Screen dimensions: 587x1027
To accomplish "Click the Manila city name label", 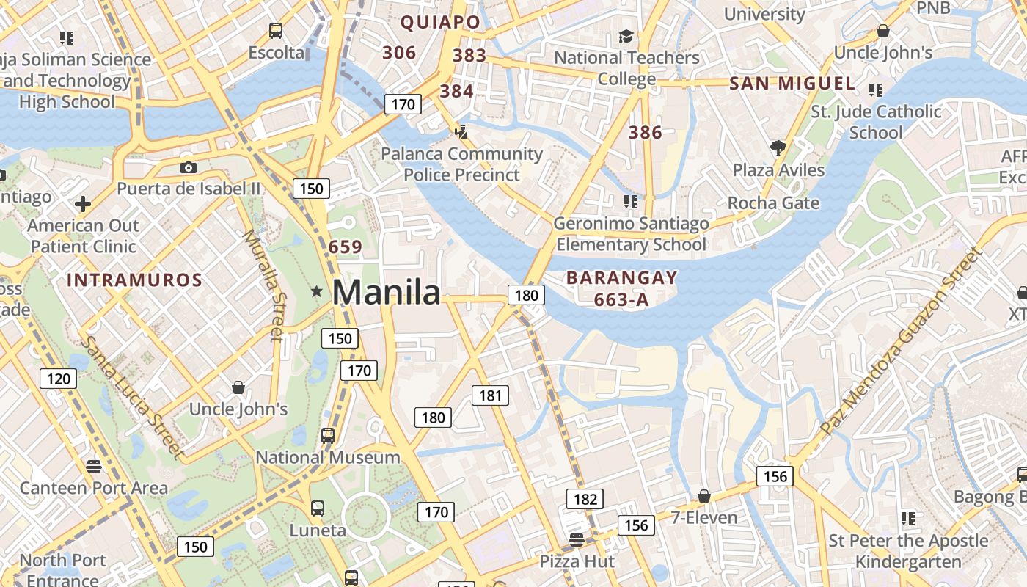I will (x=387, y=292).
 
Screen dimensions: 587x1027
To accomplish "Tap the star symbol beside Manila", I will (x=317, y=292).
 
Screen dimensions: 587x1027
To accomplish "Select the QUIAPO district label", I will (x=440, y=23).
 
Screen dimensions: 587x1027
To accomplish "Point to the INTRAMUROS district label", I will (x=134, y=280).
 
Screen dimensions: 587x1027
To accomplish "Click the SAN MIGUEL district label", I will (x=792, y=84).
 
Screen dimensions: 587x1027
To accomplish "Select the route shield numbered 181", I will (x=490, y=395).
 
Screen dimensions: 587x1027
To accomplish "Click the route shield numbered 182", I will (x=585, y=500).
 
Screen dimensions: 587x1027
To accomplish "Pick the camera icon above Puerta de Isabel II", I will (x=189, y=167).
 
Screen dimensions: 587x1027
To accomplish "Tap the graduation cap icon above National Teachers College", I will (x=626, y=36).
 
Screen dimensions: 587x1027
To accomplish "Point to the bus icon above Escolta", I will (x=276, y=31).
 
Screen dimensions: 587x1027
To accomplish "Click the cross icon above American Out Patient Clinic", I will (x=83, y=203).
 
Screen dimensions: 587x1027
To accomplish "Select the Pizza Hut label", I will (x=577, y=561).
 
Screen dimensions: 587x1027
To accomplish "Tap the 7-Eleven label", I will (x=704, y=517).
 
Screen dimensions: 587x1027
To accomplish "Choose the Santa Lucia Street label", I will (x=131, y=397).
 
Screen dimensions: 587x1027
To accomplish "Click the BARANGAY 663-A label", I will (x=622, y=288).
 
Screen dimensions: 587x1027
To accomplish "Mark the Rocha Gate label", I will (x=773, y=203).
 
